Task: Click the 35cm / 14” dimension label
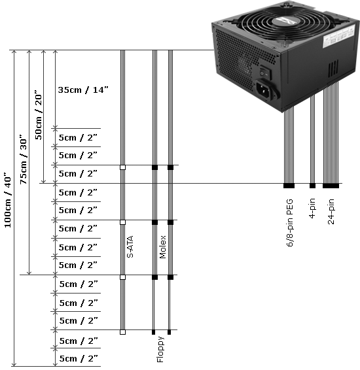[83, 90]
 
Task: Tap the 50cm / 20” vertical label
[39, 114]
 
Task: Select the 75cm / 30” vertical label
[24, 160]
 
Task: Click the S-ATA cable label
[130, 246]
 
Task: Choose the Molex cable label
[163, 247]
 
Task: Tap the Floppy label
[160, 349]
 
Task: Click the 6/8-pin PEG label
[290, 223]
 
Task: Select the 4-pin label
[312, 209]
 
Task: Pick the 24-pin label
[331, 211]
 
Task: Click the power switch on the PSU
[265, 74]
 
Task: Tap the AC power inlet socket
[266, 91]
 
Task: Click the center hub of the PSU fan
[284, 21]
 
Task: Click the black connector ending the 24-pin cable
[331, 186]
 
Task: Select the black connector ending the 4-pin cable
[312, 186]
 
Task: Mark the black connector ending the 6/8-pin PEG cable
[289, 186]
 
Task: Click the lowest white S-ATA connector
[122, 332]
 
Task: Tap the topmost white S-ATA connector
[122, 167]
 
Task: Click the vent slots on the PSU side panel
[333, 69]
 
